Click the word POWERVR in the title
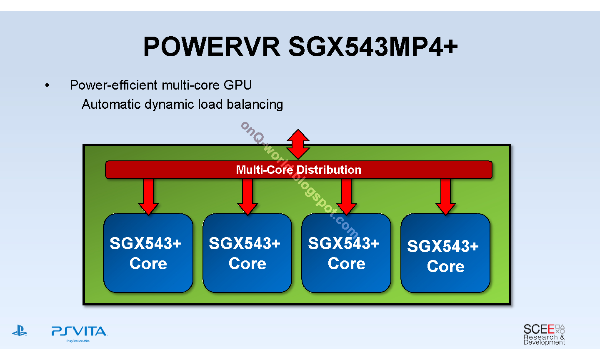[x=212, y=47]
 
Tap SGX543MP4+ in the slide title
[x=373, y=47]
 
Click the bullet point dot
[x=47, y=85]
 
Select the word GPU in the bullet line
[x=237, y=85]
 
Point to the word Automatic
[x=111, y=104]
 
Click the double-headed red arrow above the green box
[x=298, y=144]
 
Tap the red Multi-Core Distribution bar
[x=299, y=170]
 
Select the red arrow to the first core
[x=148, y=197]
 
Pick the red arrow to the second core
[x=247, y=197]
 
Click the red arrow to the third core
[x=347, y=197]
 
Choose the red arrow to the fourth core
[x=446, y=197]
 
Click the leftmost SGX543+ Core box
[x=148, y=253]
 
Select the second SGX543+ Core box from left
[x=247, y=253]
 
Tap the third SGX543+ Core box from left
[x=346, y=253]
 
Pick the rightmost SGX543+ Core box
[x=445, y=253]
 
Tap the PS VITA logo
[x=79, y=334]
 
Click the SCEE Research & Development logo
[x=544, y=334]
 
